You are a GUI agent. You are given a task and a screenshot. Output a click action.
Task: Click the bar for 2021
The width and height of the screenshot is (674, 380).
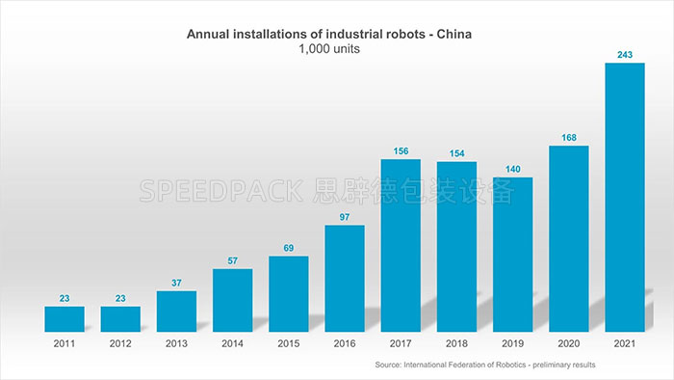pyautogui.click(x=624, y=198)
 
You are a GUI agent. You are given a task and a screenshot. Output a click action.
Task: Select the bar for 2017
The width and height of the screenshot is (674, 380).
pyautogui.click(x=401, y=246)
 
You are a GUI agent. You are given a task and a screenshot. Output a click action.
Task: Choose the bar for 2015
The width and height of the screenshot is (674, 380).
pyautogui.click(x=289, y=294)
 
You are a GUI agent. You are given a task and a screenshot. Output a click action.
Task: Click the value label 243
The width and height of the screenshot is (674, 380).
pyautogui.click(x=624, y=54)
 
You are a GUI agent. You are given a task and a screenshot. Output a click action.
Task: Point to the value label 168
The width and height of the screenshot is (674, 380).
pyautogui.click(x=568, y=137)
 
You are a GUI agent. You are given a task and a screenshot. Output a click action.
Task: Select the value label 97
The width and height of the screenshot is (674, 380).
pyautogui.click(x=345, y=216)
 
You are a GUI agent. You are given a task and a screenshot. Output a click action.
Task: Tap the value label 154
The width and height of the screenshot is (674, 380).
pyautogui.click(x=456, y=152)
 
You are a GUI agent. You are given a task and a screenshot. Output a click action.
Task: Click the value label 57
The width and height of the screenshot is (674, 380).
pyautogui.click(x=233, y=260)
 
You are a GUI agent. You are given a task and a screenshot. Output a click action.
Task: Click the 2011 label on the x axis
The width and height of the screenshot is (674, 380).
pyautogui.click(x=65, y=342)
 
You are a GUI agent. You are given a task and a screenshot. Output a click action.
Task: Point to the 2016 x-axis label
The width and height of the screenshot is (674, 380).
pyautogui.click(x=345, y=342)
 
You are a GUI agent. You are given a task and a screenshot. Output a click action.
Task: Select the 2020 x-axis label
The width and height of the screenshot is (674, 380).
pyautogui.click(x=568, y=342)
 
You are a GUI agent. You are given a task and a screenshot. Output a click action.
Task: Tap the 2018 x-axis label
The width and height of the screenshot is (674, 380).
pyautogui.click(x=456, y=342)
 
